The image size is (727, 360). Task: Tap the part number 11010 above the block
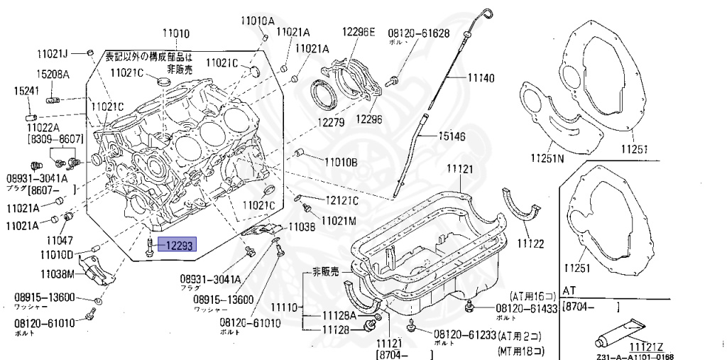[175, 33]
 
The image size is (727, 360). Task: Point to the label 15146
[452, 135]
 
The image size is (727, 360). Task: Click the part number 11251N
[547, 158]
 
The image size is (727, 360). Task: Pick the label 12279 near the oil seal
[331, 123]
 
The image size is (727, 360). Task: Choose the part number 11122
[530, 244]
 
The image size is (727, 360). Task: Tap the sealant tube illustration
[621, 331]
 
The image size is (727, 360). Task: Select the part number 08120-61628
[418, 33]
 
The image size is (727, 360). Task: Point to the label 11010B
[341, 162]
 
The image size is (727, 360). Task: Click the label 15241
[26, 90]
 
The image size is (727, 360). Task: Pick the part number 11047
[61, 241]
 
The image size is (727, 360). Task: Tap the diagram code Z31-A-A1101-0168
[635, 356]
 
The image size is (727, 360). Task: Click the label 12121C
[342, 200]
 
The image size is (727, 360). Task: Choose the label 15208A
[53, 74]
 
